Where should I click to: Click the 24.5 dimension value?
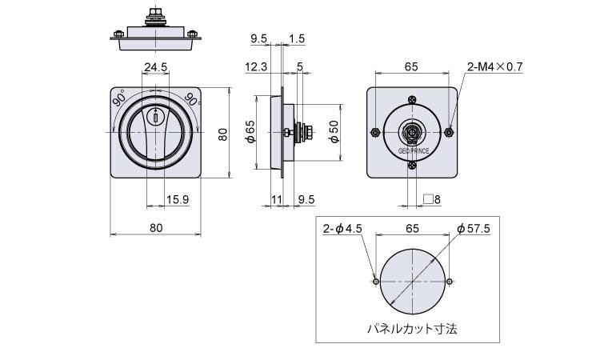156,67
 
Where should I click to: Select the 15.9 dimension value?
178,199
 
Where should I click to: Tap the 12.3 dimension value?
256,67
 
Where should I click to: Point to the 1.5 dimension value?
297,38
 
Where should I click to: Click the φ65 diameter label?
250,132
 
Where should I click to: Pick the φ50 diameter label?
334,132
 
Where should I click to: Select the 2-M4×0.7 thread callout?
494,67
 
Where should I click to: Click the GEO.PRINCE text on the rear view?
414,151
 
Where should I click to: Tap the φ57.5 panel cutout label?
474,229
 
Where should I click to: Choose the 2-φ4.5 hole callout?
342,229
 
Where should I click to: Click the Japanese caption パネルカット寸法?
412,328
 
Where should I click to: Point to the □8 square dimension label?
432,199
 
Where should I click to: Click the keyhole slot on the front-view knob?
156,117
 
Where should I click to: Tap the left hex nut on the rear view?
375,132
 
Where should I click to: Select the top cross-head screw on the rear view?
412,100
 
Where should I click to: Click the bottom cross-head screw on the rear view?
412,166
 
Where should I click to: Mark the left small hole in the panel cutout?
376,282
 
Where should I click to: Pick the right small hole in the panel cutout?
450,282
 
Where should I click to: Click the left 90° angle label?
119,98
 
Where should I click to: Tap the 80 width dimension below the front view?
156,228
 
